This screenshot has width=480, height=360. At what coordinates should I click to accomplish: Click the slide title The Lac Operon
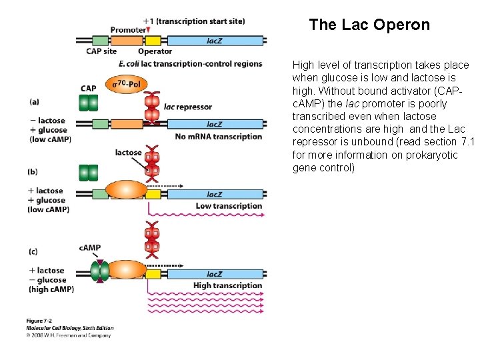[369, 25]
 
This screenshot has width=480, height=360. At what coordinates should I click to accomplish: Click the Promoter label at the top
[127, 30]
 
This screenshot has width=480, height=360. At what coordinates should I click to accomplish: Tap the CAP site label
[101, 51]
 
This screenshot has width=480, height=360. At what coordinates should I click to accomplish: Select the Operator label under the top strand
[155, 51]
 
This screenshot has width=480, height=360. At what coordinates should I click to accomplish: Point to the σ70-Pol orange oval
[123, 85]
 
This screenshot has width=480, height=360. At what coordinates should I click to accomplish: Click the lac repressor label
[187, 107]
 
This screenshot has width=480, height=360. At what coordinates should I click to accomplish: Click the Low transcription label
[229, 206]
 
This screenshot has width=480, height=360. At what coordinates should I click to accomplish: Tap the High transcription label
[227, 285]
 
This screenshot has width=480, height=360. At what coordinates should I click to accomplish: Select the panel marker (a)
[34, 102]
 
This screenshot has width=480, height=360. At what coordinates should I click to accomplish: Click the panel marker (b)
[33, 171]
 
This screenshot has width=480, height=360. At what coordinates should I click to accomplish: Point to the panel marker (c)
[33, 251]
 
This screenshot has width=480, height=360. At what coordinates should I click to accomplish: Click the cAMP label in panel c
[90, 248]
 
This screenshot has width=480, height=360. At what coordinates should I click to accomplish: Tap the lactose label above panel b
[128, 153]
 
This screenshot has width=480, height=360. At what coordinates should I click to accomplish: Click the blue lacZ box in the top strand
[215, 40]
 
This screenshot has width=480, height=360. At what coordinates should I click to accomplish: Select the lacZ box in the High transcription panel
[215, 274]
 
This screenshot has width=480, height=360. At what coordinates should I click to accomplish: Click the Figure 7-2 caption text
[41, 321]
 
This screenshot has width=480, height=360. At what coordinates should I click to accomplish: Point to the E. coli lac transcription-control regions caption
[190, 64]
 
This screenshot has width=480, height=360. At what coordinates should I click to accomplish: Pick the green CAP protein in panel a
[88, 103]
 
